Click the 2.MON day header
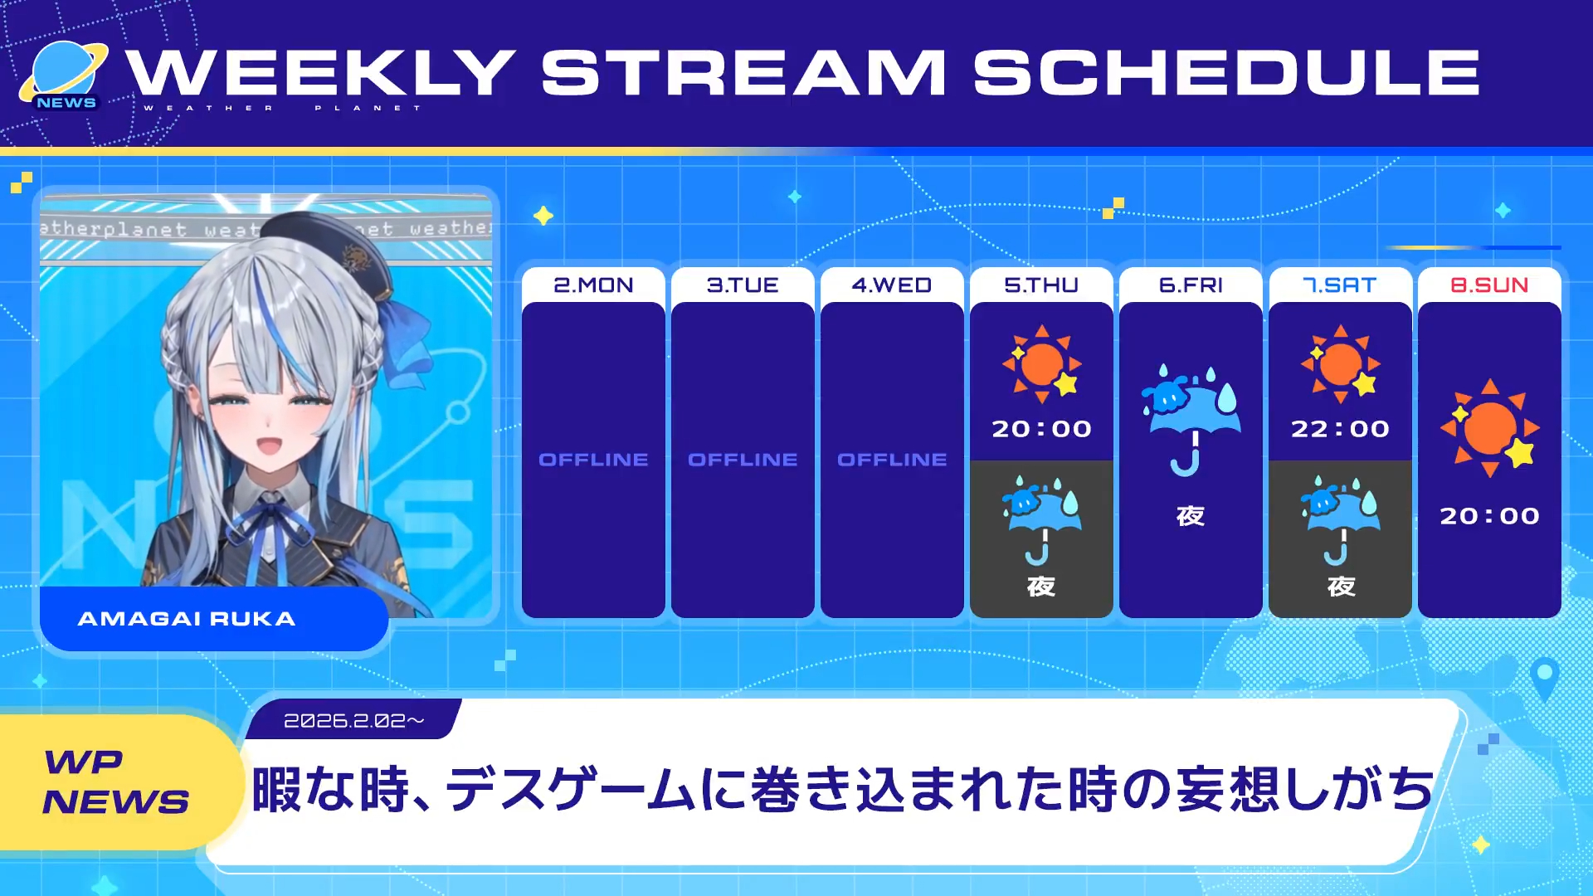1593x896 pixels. [x=593, y=285]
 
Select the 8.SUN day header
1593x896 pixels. [x=1489, y=285]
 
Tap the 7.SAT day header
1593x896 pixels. [x=1340, y=285]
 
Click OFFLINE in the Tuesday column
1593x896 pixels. [x=743, y=460]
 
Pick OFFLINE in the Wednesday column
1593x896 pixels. [x=892, y=460]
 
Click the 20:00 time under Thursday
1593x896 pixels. [x=1041, y=429]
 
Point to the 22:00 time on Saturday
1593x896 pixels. [x=1340, y=429]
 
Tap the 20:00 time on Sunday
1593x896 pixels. [x=1489, y=516]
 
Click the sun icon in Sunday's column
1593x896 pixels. [x=1490, y=427]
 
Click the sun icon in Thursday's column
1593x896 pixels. [x=1041, y=363]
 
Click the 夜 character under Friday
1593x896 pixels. [x=1191, y=516]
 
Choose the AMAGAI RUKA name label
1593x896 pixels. [x=187, y=619]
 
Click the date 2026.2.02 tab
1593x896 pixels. [x=353, y=720]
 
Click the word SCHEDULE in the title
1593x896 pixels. [x=1227, y=72]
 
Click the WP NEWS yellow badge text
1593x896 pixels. [x=116, y=782]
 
